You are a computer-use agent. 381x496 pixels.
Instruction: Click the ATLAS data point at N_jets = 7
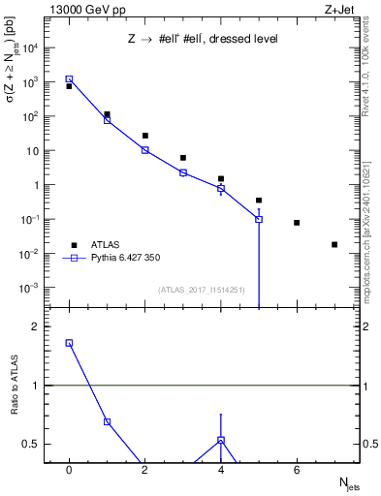click(334, 244)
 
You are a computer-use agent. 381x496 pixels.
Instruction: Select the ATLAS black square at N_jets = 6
click(297, 223)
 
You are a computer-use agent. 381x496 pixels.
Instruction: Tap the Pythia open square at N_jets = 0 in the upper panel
click(69, 79)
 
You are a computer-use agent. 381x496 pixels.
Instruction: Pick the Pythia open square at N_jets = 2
click(144, 150)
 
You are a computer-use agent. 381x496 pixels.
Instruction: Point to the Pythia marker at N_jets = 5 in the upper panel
click(259, 219)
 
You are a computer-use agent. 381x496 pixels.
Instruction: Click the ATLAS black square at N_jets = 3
click(182, 157)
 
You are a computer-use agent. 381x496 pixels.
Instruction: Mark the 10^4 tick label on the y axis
click(30, 47)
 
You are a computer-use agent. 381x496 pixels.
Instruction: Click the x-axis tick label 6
click(297, 470)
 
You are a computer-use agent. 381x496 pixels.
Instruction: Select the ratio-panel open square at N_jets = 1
click(107, 421)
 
